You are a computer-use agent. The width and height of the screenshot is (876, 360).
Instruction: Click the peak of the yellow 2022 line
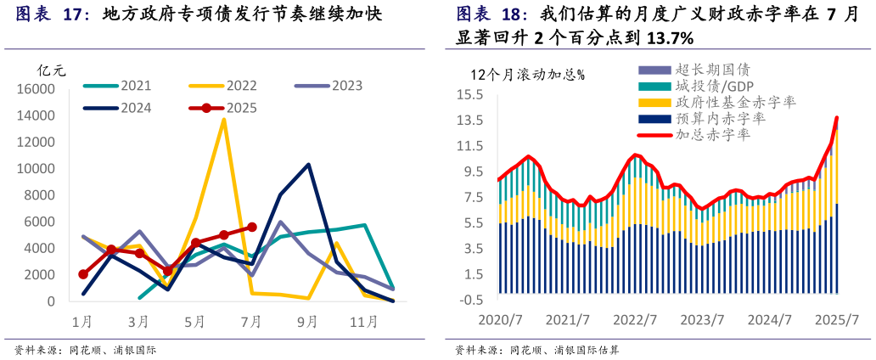coord(223,119)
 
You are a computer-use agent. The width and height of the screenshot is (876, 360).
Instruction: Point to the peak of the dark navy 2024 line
coord(308,165)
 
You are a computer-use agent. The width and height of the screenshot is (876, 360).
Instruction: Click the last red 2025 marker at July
coord(251,228)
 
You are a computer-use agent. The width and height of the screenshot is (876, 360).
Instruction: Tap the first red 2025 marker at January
coord(83,274)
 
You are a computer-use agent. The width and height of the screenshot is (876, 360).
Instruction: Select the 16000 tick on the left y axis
coord(36,89)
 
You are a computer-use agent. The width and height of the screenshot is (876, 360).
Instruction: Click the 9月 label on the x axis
coord(307,322)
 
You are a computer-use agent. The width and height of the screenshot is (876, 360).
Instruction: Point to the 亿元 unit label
coord(51,70)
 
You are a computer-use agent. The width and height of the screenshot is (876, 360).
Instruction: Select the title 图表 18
coord(491,14)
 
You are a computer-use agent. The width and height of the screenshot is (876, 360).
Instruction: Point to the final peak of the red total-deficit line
coord(837,117)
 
